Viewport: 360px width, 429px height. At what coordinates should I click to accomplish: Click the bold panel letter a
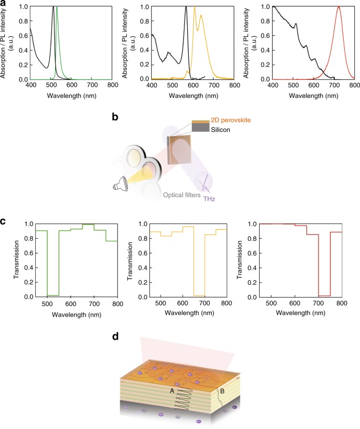pos(4,4)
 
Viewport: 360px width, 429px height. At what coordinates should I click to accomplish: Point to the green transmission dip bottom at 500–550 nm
pos(53,295)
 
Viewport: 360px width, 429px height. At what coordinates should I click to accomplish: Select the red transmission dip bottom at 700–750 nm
pos(324,295)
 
